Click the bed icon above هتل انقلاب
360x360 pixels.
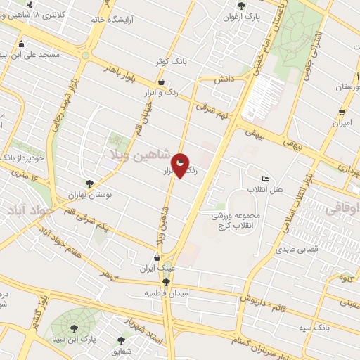(264, 179)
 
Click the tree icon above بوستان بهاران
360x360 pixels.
(89, 184)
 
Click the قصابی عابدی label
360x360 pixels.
(297, 249)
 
